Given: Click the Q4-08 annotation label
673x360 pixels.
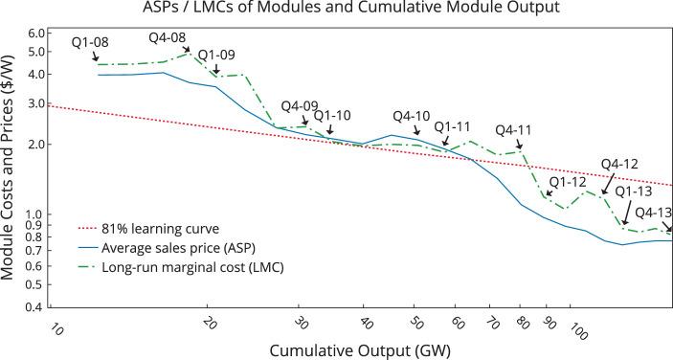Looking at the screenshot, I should click(x=168, y=38).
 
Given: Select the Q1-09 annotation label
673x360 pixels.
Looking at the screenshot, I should click(x=214, y=55).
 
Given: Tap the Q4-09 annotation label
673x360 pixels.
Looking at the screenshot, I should click(x=300, y=107).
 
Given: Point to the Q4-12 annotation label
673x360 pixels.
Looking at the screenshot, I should click(x=619, y=163).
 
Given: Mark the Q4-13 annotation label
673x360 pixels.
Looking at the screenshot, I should click(x=653, y=213).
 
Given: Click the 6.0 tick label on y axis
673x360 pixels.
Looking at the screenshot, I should click(x=34, y=33).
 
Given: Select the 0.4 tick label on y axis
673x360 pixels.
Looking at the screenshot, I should click(x=34, y=308).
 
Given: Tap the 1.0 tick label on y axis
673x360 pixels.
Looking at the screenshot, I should click(x=34, y=214).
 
